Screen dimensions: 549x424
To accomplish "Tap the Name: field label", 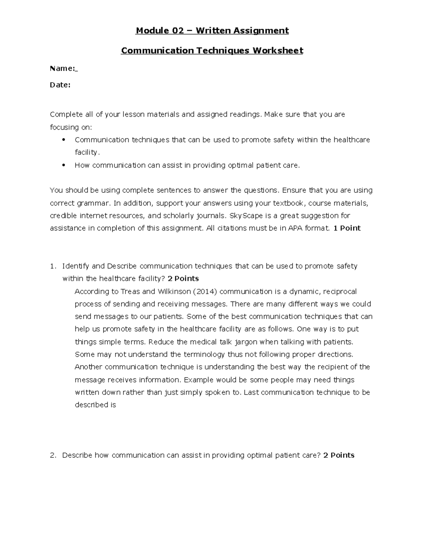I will click(63, 69).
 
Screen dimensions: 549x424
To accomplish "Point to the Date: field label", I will click(60, 85).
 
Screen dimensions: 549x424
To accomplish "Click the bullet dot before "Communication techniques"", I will click(64, 140).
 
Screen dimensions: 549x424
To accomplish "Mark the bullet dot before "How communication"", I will click(64, 165).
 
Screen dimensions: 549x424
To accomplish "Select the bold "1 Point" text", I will click(347, 228).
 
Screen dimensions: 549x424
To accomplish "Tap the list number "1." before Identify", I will click(53, 266).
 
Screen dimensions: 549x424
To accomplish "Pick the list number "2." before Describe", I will click(53, 455).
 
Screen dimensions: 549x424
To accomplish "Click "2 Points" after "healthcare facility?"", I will click(183, 279).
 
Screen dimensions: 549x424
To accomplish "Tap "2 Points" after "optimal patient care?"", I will click(338, 455).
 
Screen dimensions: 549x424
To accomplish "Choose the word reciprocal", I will click(340, 292).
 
